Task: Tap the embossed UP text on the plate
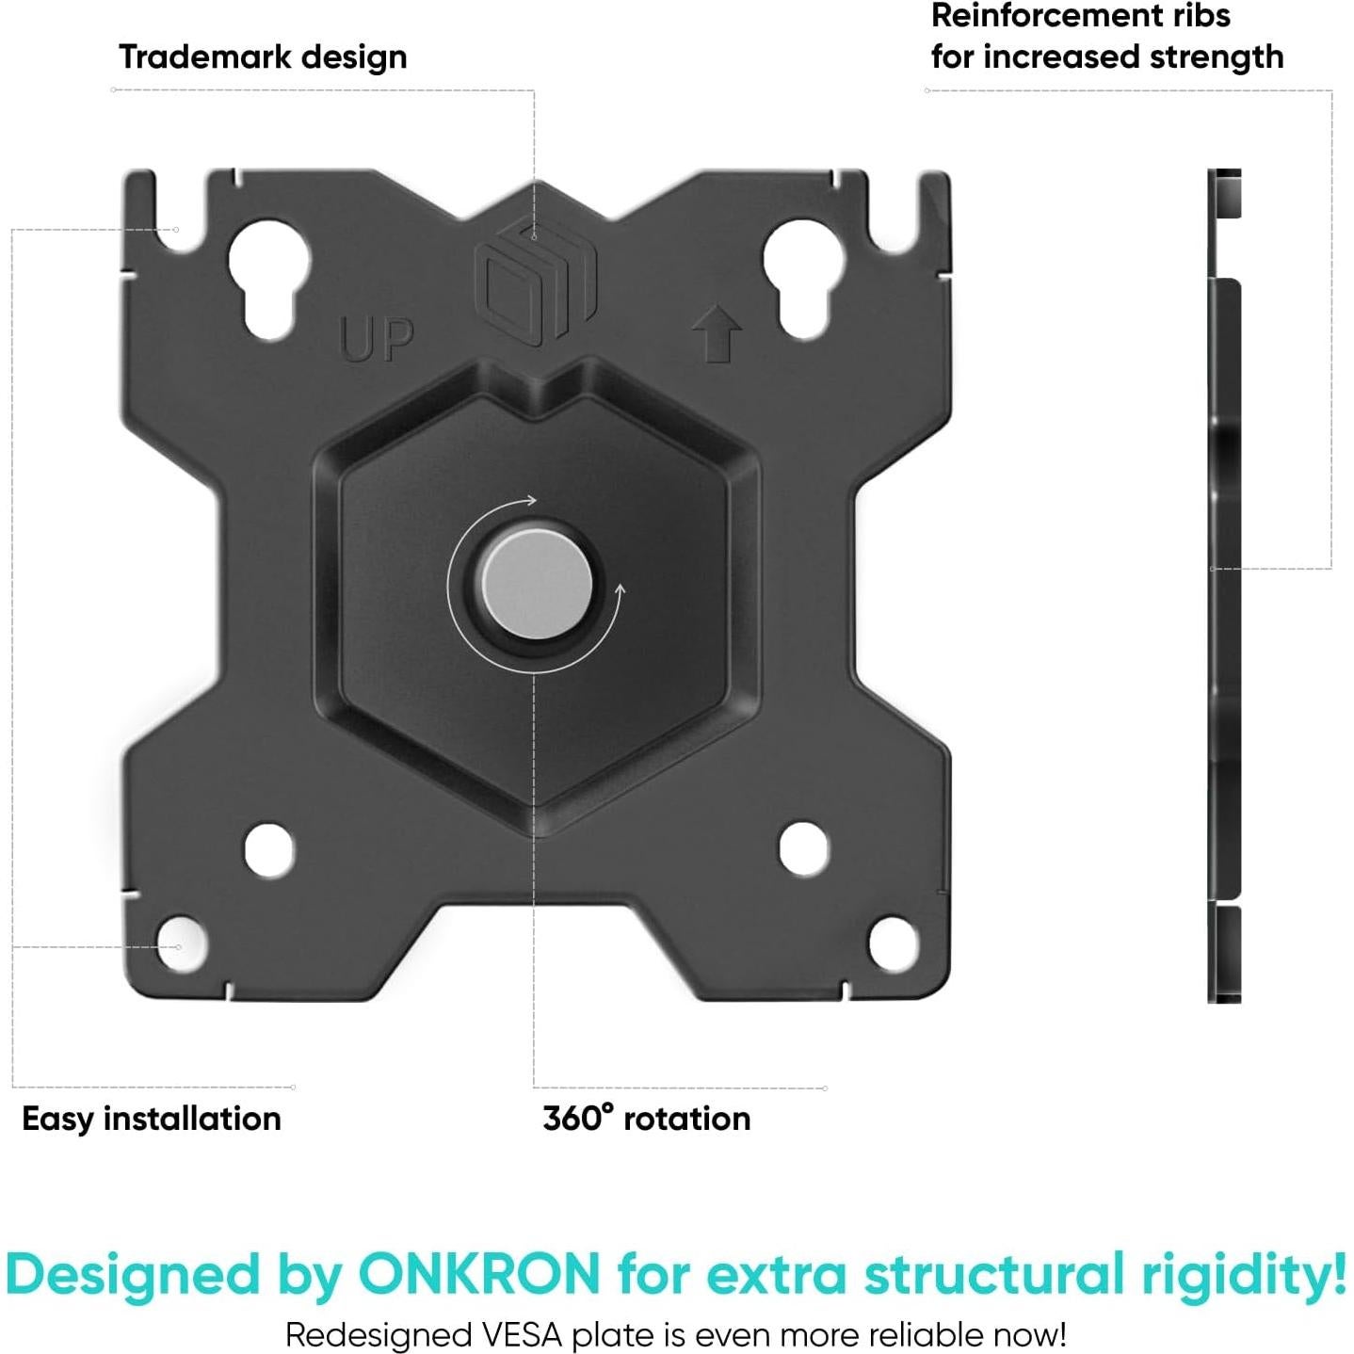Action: coord(376,339)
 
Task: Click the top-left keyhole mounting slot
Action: coord(269,279)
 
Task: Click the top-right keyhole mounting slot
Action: coord(803,279)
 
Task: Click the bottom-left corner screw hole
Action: coord(180,943)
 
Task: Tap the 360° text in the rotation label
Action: coord(578,1118)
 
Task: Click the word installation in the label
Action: coord(192,1118)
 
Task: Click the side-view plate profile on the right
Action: coord(1225,586)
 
